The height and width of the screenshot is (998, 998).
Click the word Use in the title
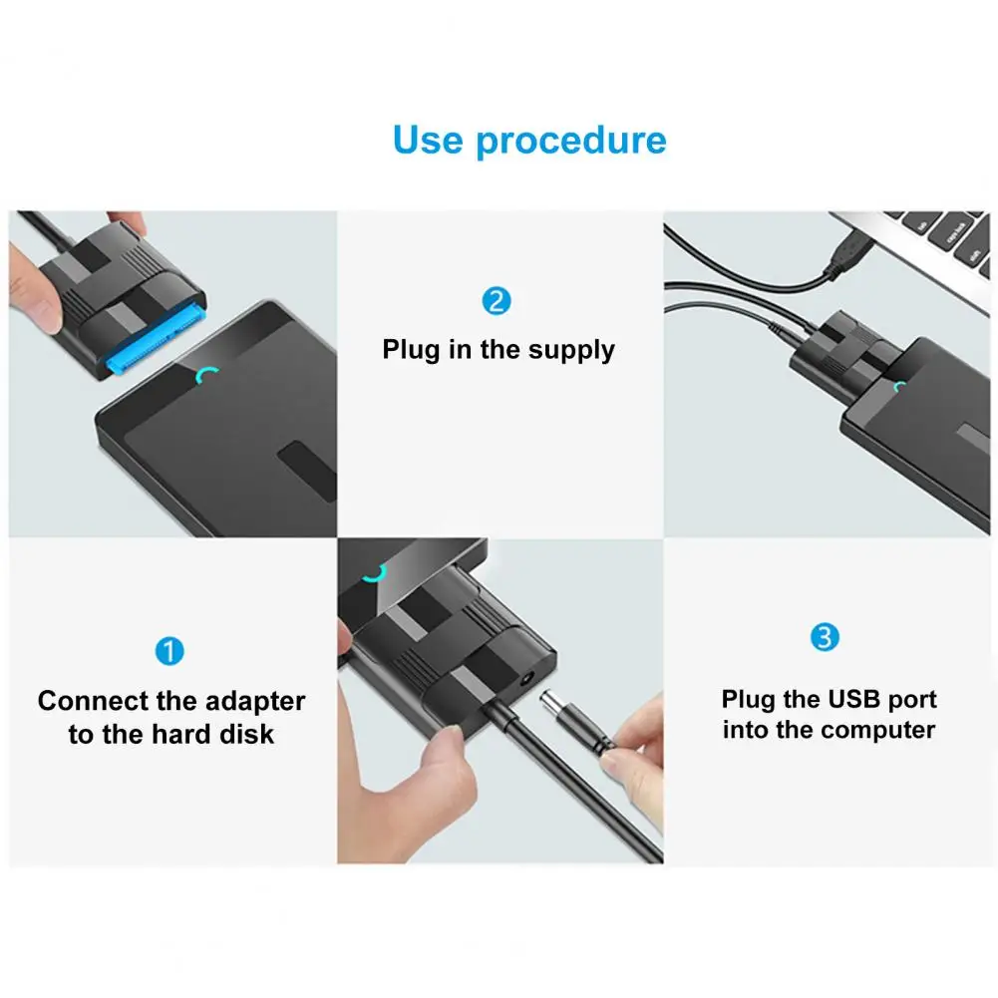pos(428,140)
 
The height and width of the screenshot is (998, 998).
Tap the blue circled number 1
pos(169,651)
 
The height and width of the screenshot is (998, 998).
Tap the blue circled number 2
pos(497,301)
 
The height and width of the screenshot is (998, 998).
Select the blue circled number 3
pos(825,637)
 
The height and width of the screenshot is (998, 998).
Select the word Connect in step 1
pos(93,701)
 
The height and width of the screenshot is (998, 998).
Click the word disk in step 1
pos(247,735)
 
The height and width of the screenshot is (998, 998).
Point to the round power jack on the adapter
pos(525,679)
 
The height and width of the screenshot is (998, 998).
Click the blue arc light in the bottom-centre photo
pos(375,574)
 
